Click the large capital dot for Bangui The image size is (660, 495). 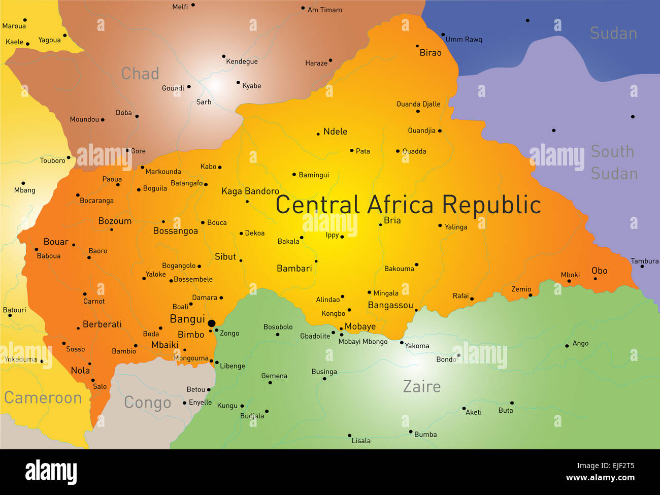point(212,323)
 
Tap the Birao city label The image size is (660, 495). point(430,53)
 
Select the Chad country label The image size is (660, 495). point(140,74)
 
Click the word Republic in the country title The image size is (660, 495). point(491,205)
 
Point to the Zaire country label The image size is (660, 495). point(421,387)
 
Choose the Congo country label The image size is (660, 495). point(147,403)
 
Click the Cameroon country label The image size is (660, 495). point(43,398)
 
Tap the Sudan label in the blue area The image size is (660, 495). point(613,34)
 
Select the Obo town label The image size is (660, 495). point(599,271)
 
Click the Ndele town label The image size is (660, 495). point(335,131)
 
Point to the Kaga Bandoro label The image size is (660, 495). point(250,191)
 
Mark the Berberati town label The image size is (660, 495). point(102,324)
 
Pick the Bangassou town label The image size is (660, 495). point(390,305)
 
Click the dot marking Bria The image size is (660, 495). point(380,224)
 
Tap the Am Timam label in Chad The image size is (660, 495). point(324,10)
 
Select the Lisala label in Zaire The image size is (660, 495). point(361,441)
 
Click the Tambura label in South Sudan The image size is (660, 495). point(644,261)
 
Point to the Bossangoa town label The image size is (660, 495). point(176,231)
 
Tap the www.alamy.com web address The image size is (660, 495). point(600,478)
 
